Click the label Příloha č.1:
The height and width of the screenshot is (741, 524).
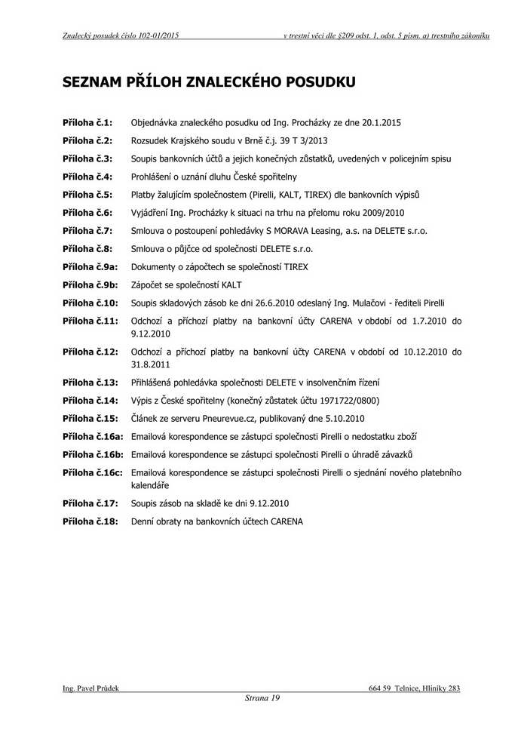(x=87, y=122)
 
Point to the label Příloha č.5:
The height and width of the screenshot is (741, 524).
(x=87, y=195)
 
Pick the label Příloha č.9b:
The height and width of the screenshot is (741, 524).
(x=90, y=285)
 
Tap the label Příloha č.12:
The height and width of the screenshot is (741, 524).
(x=90, y=352)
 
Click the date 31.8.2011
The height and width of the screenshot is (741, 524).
(x=151, y=363)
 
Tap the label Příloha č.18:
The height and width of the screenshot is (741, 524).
(x=90, y=521)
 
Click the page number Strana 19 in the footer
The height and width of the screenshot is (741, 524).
(x=262, y=699)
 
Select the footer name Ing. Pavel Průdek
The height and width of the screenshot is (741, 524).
(x=91, y=688)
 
